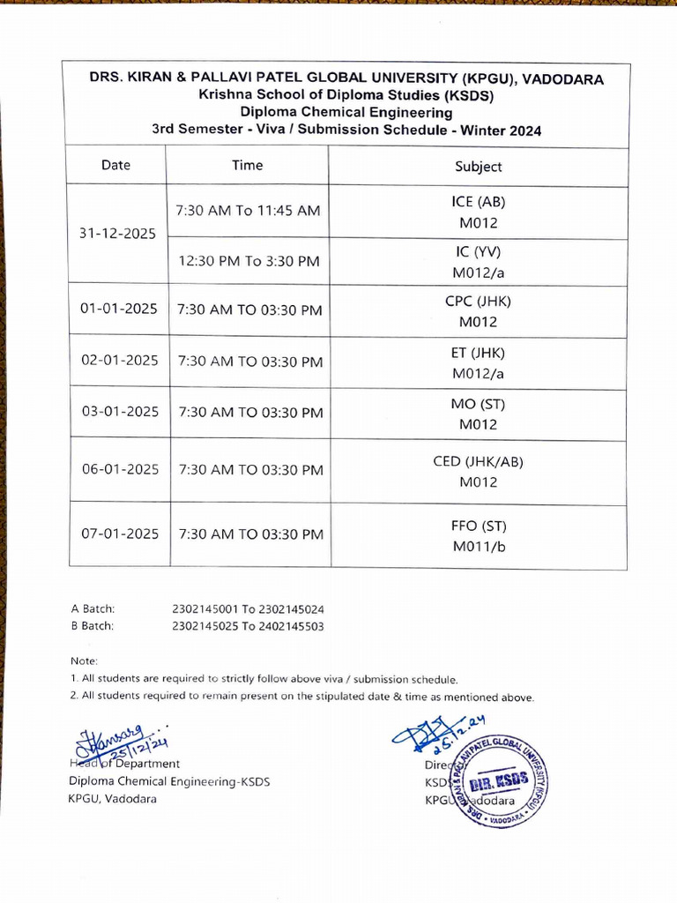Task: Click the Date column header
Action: click(x=115, y=165)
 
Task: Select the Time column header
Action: click(x=247, y=165)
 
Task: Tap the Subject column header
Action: click(x=478, y=166)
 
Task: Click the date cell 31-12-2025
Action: click(x=118, y=234)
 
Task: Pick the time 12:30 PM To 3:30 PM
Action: click(x=249, y=261)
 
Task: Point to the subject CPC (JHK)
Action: click(x=478, y=301)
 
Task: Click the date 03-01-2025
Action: click(x=118, y=412)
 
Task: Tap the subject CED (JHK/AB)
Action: click(x=478, y=461)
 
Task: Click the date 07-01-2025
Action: click(x=118, y=534)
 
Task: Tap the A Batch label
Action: click(x=93, y=608)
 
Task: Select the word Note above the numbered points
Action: click(x=84, y=661)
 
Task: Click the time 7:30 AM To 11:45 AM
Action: click(x=248, y=211)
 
